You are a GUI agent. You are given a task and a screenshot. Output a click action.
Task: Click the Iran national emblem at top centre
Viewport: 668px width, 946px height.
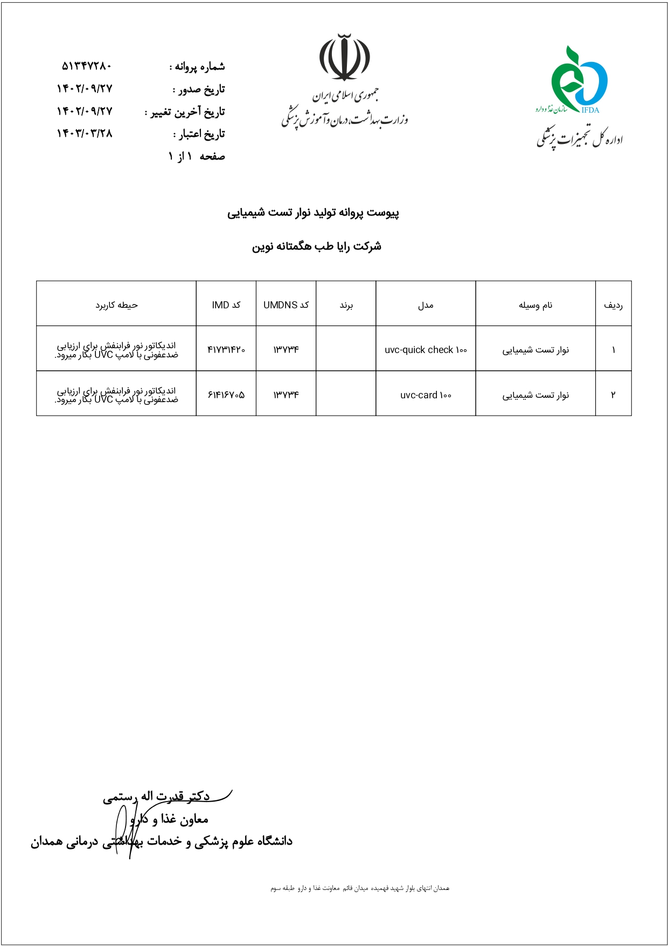344,57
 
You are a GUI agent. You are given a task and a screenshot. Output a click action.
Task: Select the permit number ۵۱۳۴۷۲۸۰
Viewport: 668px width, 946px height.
86,66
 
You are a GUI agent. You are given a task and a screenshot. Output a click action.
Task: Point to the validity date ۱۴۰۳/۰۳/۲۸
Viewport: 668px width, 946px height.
85,133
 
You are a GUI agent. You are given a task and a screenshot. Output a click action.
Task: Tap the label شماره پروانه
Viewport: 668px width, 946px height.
198,67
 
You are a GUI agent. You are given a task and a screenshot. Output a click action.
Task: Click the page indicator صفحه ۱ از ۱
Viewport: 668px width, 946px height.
197,156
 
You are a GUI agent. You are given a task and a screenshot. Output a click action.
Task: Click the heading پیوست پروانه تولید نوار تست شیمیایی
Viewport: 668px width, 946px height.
313,213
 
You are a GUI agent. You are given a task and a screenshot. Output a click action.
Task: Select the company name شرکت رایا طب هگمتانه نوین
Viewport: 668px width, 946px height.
317,246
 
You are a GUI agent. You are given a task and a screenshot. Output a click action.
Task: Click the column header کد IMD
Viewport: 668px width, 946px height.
226,305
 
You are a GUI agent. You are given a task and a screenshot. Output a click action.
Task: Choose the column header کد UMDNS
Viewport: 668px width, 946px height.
286,305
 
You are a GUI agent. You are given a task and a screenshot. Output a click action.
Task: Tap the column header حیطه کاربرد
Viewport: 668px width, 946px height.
117,305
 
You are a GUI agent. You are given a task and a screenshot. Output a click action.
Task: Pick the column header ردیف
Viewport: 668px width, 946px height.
613,305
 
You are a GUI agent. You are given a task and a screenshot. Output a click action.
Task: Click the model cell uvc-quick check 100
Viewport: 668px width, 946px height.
426,350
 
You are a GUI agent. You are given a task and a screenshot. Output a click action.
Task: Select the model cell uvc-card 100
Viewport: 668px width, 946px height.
426,395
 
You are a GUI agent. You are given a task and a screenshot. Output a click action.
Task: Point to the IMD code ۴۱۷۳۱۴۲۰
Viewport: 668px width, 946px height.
226,350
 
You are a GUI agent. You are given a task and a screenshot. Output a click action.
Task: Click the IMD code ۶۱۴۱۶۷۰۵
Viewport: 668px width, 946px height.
226,395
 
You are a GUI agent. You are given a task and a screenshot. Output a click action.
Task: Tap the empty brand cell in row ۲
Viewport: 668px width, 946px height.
346,394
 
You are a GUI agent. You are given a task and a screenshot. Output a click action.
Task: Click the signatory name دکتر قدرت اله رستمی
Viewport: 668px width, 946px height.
156,797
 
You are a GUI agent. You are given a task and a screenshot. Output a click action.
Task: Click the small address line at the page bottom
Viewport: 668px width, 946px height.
359,888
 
